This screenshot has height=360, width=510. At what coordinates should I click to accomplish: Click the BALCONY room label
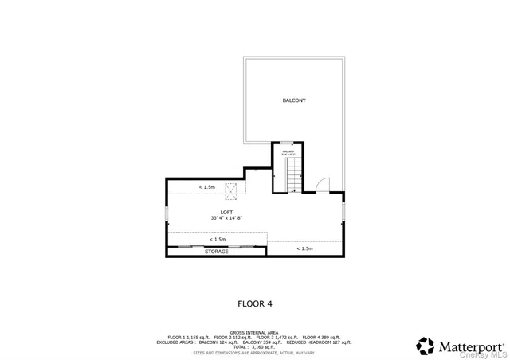(294, 100)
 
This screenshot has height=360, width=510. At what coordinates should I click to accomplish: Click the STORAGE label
(216, 252)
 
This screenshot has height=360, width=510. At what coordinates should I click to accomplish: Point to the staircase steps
(294, 171)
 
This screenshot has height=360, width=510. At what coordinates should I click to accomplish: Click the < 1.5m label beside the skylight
(206, 187)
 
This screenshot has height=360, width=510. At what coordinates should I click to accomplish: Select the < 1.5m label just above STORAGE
(217, 239)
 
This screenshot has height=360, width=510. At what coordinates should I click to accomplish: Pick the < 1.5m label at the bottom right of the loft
(304, 249)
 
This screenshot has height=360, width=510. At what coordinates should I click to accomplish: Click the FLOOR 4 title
(255, 303)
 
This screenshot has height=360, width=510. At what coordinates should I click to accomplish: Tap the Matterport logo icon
(426, 346)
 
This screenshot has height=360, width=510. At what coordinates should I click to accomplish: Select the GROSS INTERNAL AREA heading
(255, 332)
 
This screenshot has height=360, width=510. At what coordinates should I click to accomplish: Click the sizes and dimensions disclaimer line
(255, 353)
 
